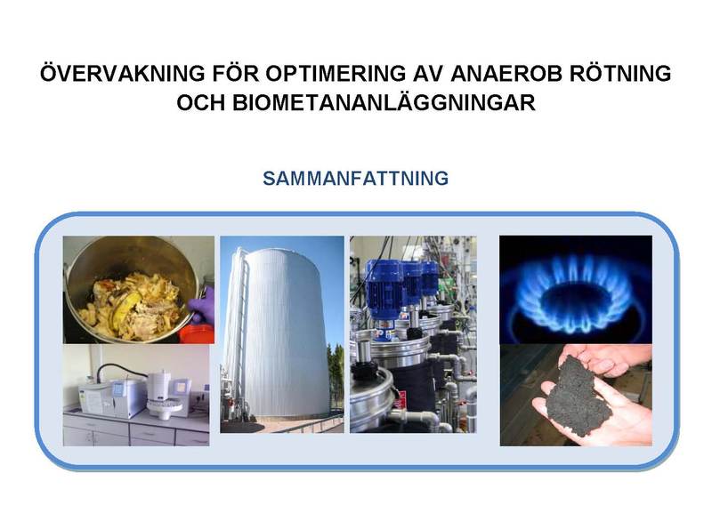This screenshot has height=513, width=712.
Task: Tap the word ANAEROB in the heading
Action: (506, 74)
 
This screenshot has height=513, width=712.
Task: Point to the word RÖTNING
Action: (620, 73)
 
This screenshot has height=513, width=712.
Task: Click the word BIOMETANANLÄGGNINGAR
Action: (384, 102)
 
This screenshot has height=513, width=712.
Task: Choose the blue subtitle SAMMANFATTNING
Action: (355, 178)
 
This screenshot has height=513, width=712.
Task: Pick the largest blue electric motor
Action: (385, 291)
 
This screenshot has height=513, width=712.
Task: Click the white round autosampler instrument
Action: (166, 394)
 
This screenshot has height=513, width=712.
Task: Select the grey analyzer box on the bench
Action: (112, 397)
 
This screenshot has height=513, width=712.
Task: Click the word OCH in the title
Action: (200, 103)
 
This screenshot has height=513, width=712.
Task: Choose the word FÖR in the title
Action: (236, 73)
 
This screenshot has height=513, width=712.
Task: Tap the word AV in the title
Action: (428, 74)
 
